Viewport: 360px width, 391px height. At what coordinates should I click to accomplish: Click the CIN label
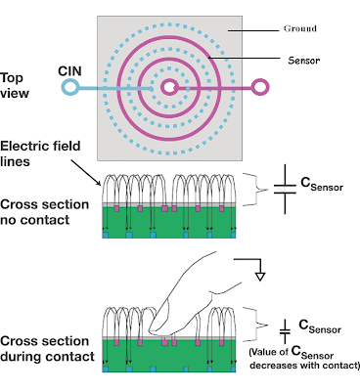(69, 71)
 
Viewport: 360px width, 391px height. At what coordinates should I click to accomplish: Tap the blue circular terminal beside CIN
(69, 88)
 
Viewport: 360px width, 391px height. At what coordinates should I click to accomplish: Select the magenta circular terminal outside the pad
(260, 87)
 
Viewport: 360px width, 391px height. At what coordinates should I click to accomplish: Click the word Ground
(300, 28)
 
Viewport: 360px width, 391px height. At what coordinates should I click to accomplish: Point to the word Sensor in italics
(303, 60)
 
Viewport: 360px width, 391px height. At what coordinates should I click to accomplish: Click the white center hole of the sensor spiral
(169, 87)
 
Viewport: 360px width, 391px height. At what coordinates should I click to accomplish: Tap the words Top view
(15, 85)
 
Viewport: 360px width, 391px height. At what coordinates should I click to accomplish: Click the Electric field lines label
(40, 153)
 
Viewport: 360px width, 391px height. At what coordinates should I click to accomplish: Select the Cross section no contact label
(44, 212)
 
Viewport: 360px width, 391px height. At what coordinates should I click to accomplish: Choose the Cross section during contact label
(47, 349)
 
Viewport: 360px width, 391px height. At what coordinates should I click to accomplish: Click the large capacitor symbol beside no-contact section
(285, 189)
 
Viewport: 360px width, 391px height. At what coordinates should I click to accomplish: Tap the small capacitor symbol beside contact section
(285, 331)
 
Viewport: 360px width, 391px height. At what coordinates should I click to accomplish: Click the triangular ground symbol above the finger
(260, 277)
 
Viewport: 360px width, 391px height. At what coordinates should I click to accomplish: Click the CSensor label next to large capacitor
(322, 185)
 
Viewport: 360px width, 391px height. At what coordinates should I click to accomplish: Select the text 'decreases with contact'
(304, 366)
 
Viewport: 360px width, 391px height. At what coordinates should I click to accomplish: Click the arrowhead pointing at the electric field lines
(99, 183)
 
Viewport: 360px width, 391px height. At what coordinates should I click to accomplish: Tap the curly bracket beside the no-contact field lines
(255, 190)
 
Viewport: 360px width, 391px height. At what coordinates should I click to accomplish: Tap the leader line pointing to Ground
(253, 31)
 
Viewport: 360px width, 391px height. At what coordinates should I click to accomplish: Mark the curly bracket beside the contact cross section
(256, 325)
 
